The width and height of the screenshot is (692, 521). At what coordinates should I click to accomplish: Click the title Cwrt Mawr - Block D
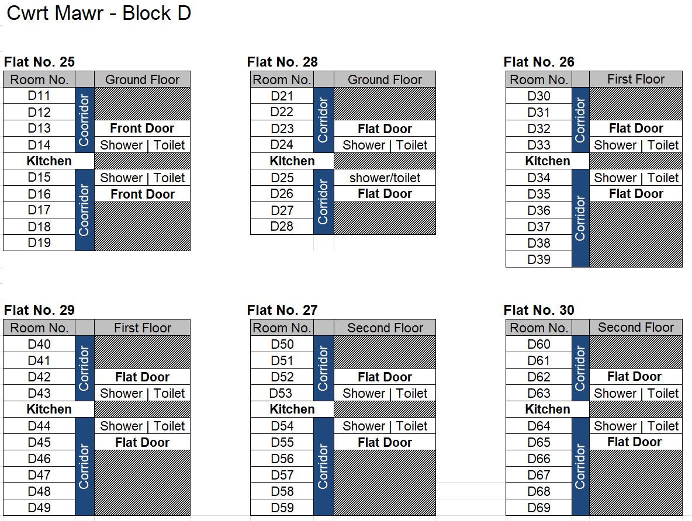(99, 13)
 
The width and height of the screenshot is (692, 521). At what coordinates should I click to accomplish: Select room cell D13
(39, 128)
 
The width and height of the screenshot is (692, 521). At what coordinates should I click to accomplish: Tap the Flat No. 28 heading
(282, 62)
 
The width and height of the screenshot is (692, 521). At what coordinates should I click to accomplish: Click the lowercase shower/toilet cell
(385, 178)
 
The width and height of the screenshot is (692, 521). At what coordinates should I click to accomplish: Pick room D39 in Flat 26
(539, 259)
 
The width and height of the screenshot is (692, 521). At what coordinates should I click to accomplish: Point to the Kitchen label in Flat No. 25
(49, 161)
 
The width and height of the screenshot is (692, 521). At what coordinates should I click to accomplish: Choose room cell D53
(281, 393)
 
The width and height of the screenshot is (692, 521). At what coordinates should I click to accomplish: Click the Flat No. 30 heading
(539, 310)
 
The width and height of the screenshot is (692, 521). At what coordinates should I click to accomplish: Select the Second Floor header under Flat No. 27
(385, 328)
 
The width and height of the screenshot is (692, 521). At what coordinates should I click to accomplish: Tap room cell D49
(39, 508)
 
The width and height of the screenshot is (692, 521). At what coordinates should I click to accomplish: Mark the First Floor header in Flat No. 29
(143, 328)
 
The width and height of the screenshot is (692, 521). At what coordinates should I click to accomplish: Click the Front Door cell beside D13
(142, 128)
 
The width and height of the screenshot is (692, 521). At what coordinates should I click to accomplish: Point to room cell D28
(282, 226)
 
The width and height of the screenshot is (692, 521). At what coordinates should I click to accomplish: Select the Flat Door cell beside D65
(635, 442)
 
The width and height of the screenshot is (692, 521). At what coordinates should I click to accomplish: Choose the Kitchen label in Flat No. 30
(548, 409)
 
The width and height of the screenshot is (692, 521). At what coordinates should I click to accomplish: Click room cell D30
(539, 96)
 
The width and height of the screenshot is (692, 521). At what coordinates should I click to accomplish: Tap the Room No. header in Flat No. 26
(539, 79)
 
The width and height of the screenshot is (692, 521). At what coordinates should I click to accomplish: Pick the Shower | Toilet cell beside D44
(143, 426)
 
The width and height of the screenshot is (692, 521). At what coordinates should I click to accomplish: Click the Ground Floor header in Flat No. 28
(385, 79)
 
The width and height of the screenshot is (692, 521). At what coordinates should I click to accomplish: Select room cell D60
(539, 344)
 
